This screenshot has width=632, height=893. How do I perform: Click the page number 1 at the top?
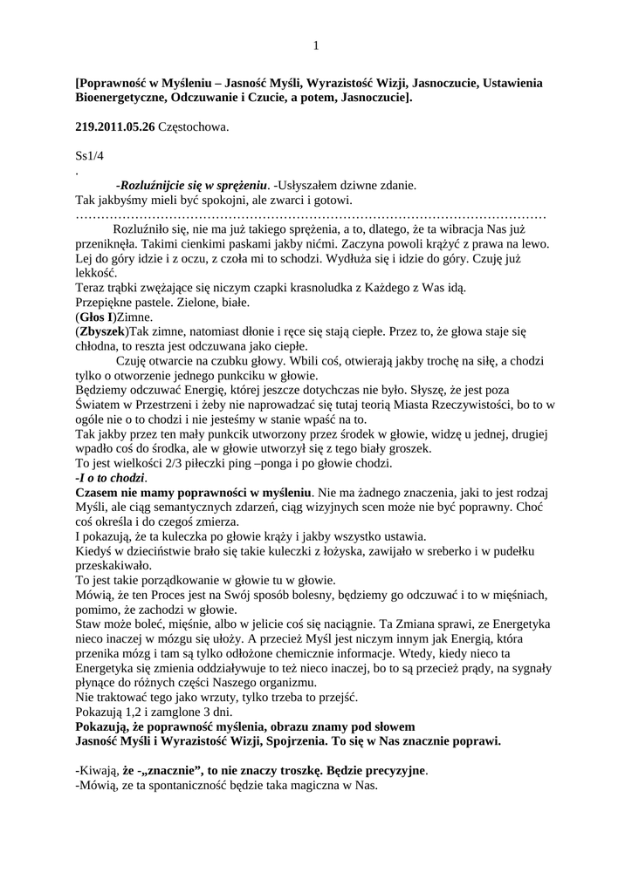click(x=316, y=45)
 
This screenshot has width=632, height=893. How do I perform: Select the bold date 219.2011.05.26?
click(x=115, y=127)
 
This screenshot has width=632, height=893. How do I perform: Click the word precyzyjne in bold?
click(x=393, y=771)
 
